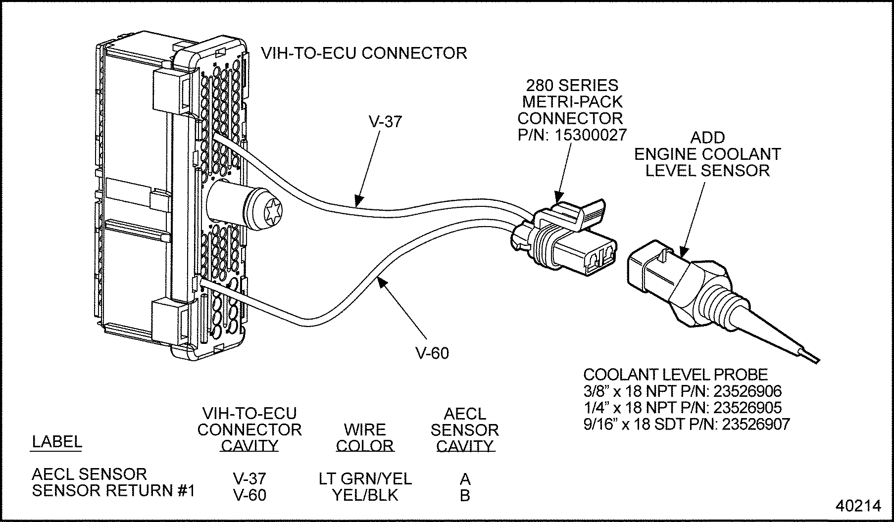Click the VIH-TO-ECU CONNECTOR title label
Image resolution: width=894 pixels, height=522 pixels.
pyautogui.click(x=364, y=53)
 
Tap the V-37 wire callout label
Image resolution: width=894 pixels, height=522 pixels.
pyautogui.click(x=385, y=121)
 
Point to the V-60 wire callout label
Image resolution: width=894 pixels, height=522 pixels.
pyautogui.click(x=432, y=353)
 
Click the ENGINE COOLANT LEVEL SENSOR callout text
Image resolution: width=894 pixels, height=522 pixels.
pyautogui.click(x=707, y=154)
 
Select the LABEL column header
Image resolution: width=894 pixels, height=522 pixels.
pyautogui.click(x=57, y=442)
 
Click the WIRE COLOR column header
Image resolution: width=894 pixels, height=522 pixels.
pyautogui.click(x=365, y=437)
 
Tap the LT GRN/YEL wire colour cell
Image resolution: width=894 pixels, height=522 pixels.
pyautogui.click(x=365, y=478)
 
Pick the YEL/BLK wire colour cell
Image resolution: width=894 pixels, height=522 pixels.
pyautogui.click(x=365, y=495)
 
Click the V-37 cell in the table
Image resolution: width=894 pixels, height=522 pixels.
pyautogui.click(x=249, y=478)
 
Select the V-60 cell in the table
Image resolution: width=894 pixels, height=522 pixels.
pyautogui.click(x=249, y=495)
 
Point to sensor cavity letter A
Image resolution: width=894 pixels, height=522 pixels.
pyautogui.click(x=465, y=478)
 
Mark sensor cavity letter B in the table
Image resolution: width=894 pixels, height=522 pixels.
pyautogui.click(x=465, y=495)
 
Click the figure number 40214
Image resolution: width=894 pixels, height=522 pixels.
pyautogui.click(x=858, y=506)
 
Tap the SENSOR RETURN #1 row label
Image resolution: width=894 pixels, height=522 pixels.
pyautogui.click(x=113, y=491)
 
